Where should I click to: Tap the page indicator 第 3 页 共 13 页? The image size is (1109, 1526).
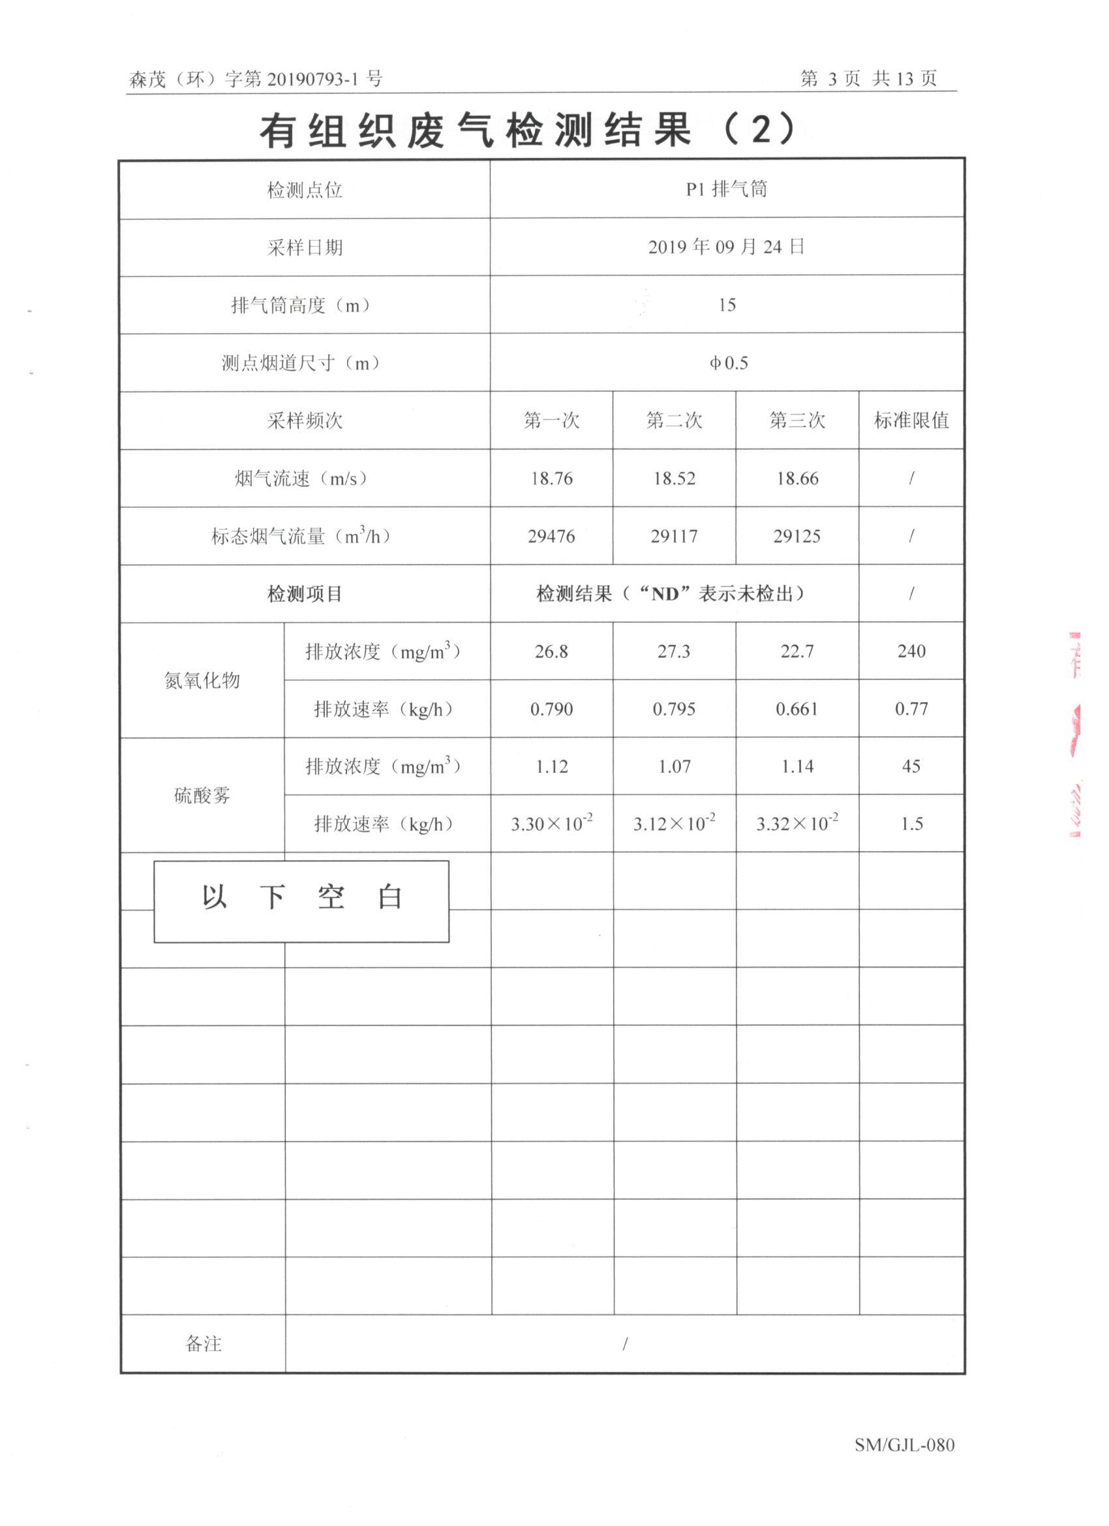click(x=868, y=79)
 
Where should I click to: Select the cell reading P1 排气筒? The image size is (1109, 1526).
click(x=726, y=190)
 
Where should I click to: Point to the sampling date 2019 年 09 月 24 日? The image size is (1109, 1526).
click(x=726, y=247)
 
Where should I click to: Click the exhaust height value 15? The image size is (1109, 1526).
click(x=726, y=305)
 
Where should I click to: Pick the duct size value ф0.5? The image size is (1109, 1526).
click(x=728, y=364)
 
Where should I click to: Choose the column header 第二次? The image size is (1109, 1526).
click(x=674, y=420)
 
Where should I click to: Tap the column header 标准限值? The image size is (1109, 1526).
click(x=911, y=420)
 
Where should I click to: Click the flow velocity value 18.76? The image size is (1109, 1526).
click(x=551, y=478)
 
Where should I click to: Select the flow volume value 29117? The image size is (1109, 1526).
click(x=674, y=537)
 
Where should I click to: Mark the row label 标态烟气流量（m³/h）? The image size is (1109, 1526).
click(x=301, y=537)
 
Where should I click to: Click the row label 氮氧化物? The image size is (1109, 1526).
click(x=202, y=680)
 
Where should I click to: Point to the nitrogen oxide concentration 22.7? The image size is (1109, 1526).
click(x=797, y=651)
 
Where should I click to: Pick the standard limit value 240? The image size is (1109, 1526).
click(x=911, y=651)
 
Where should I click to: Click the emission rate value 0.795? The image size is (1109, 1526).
click(x=674, y=709)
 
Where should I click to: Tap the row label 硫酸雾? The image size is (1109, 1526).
click(x=202, y=795)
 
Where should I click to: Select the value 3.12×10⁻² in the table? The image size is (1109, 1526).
click(x=674, y=824)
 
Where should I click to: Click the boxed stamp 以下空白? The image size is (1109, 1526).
click(x=301, y=901)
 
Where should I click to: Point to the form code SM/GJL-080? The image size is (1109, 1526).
click(x=905, y=1444)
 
